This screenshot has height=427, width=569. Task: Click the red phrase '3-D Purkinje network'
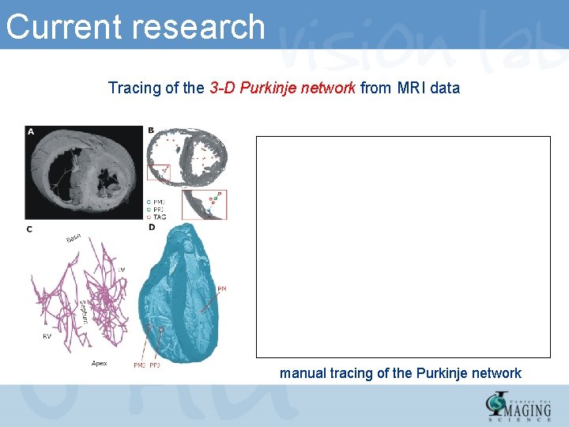283,88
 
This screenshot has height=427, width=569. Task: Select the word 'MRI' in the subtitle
409,88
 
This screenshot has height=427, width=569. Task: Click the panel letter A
31,131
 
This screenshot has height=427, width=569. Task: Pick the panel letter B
151,130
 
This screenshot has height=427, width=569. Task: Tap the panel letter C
30,229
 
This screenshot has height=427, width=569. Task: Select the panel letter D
151,228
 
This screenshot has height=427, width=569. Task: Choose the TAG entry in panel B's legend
158,217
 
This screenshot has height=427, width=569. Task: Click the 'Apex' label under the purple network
99,363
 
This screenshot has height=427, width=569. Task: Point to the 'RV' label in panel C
47,336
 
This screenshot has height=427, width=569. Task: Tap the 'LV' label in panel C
121,270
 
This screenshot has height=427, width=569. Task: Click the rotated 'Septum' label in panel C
83,312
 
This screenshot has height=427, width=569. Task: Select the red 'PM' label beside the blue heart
222,290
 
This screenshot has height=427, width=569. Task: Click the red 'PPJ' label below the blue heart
155,365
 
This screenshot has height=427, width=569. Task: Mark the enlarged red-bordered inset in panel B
204,204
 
